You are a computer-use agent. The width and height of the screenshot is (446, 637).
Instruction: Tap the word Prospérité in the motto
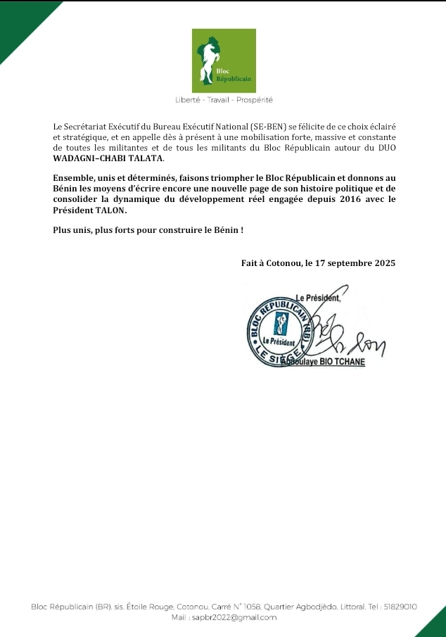tap(253, 100)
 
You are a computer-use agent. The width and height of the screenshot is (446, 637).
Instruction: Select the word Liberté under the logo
tap(188, 100)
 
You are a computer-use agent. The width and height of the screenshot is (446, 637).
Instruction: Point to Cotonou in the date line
tap(282, 263)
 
